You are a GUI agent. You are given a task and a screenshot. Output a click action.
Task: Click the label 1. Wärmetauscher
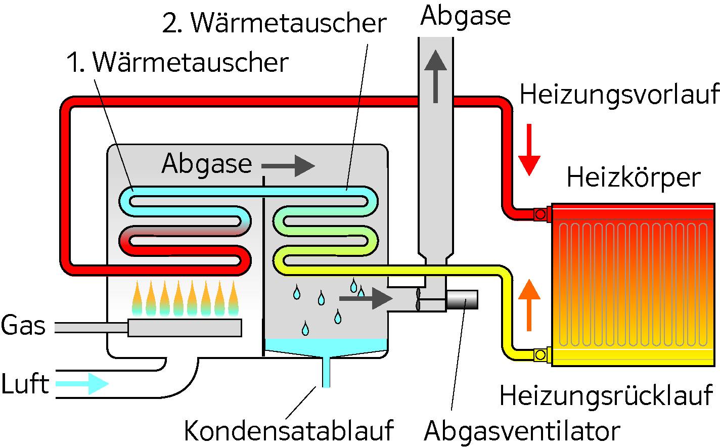[x=177, y=63]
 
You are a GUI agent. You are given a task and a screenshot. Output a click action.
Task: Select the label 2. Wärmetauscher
[x=274, y=23]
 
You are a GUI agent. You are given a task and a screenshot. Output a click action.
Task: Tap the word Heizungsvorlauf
[x=619, y=95]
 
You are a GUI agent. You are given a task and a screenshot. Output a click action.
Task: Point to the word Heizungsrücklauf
[x=606, y=395]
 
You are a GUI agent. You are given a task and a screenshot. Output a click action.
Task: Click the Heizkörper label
[x=633, y=178]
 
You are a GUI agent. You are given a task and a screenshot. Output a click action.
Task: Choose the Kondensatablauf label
[x=288, y=430]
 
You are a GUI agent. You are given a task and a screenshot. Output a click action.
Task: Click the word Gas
[x=23, y=326]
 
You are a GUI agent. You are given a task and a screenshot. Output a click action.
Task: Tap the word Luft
[x=25, y=384]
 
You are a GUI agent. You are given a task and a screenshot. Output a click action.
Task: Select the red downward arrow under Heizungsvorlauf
[x=529, y=149]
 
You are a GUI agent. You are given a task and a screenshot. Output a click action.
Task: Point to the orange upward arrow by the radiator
[x=529, y=305]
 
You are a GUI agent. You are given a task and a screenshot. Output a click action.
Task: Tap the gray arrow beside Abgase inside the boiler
[x=288, y=165]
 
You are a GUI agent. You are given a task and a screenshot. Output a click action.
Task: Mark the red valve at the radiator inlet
[x=541, y=214]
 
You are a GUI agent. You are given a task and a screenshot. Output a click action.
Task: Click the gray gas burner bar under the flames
[x=185, y=328]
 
